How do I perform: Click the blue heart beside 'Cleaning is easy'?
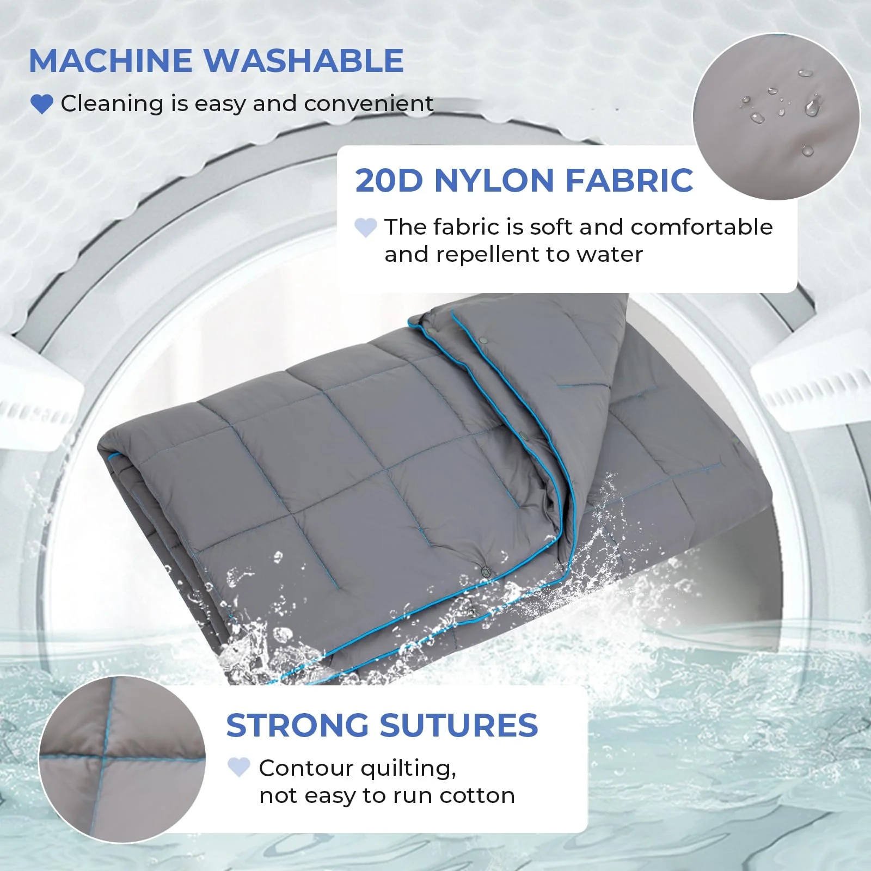click(41, 103)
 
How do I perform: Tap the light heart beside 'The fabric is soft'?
click(365, 228)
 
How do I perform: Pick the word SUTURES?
click(458, 726)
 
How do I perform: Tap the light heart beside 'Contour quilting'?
click(238, 768)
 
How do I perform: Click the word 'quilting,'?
click(408, 769)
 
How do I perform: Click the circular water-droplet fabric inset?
click(776, 116)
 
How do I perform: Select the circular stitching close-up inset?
click(122, 759)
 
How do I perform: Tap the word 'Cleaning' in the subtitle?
click(112, 103)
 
